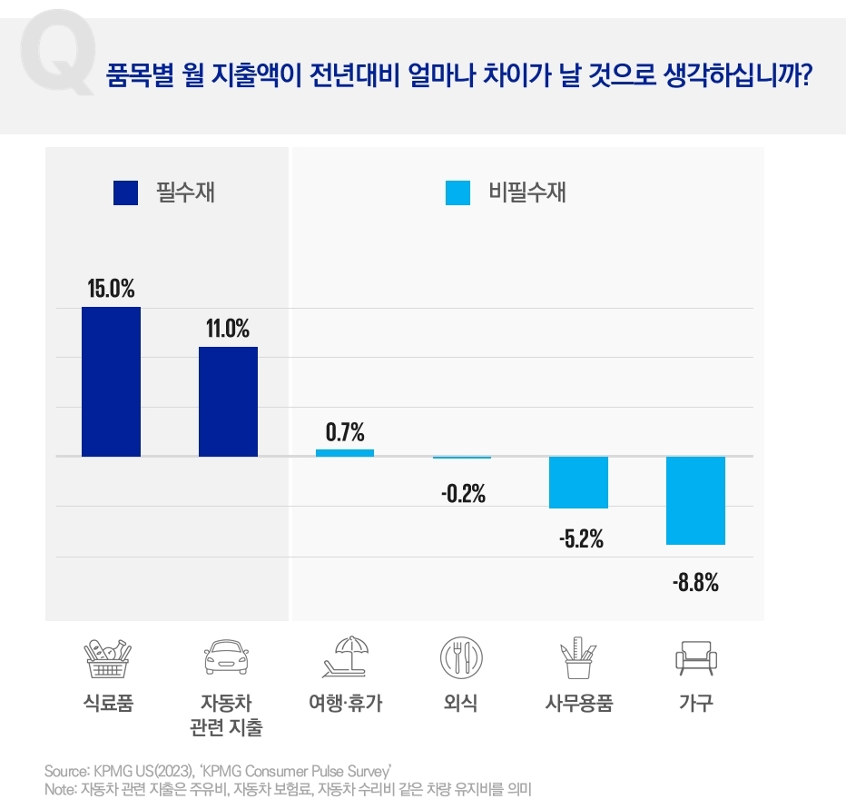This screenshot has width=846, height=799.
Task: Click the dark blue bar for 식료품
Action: pos(111,381)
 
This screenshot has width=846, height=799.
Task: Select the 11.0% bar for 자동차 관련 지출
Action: pos(228,401)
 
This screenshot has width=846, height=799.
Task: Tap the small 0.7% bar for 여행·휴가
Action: pos(345,452)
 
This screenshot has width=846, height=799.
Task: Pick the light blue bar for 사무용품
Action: pos(578,482)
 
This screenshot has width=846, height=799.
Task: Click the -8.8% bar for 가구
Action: pos(695,500)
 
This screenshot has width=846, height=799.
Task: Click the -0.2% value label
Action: pos(463,495)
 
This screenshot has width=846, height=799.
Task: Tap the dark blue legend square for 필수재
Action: pos(125,192)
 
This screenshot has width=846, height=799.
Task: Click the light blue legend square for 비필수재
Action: pos(458,192)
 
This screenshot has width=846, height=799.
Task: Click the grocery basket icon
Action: pos(108,658)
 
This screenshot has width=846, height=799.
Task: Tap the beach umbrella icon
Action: pos(344,657)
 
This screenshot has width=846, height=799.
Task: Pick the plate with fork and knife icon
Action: pos(461,657)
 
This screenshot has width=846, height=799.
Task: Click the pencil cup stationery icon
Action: pos(578,657)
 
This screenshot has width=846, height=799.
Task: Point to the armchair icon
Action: pos(696,657)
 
